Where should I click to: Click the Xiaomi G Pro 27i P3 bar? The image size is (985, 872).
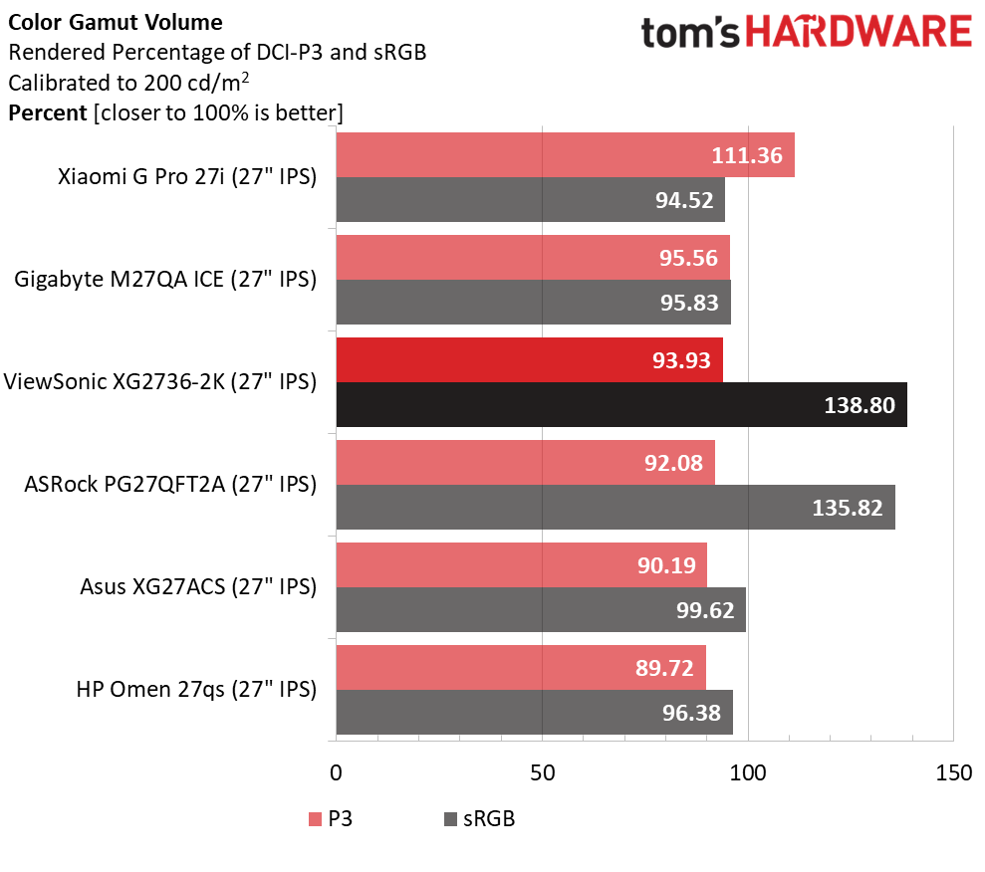(566, 155)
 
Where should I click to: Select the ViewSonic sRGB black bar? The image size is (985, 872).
(621, 405)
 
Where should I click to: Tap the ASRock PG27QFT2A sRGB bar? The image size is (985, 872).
(616, 508)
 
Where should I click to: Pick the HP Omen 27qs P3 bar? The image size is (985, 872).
(521, 668)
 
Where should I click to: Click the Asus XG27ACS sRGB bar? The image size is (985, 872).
(541, 609)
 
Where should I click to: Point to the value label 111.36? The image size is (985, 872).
(747, 155)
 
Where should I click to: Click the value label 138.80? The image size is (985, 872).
(860, 405)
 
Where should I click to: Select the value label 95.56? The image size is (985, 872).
(688, 258)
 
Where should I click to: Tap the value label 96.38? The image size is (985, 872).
(691, 713)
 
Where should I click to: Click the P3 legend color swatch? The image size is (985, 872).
(315, 819)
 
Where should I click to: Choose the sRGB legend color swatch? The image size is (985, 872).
(450, 819)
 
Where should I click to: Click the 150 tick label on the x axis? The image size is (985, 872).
(953, 772)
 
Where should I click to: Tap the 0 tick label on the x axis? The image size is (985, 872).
(336, 772)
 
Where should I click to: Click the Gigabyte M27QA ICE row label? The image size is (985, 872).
(165, 280)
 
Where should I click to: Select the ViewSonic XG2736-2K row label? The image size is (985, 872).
(160, 381)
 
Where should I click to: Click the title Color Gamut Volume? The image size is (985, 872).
(115, 23)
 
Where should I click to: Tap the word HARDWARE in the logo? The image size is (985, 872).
(859, 32)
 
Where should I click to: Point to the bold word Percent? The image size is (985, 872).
(47, 113)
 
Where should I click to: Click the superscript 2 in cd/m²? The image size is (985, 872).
(245, 77)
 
